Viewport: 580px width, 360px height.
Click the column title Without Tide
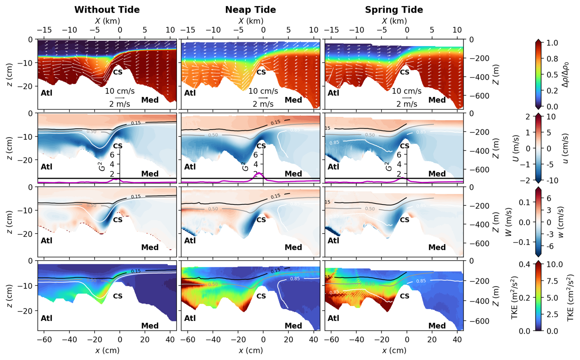107,9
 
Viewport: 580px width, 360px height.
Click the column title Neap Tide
250,9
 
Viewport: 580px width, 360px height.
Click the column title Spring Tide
394,9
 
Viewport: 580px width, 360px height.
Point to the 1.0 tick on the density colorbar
552,43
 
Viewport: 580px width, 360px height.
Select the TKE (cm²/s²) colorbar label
570,297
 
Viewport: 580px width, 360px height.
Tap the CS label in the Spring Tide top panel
405,72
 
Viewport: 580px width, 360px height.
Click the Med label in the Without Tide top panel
150,100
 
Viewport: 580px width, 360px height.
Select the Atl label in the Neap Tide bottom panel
190,318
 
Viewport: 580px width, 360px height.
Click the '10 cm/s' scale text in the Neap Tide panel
263,91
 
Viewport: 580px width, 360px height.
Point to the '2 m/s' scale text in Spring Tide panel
406,104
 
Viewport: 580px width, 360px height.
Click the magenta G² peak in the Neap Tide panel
259,173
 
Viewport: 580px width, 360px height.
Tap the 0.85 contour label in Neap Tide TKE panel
295,279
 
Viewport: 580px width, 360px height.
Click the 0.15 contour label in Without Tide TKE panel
136,271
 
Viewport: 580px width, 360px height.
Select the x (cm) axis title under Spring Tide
394,350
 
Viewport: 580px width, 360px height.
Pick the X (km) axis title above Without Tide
107,21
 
